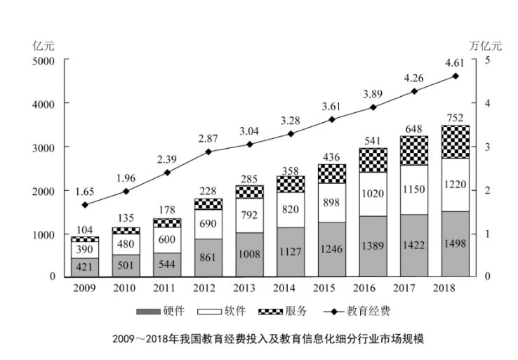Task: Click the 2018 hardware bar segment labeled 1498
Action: click(x=455, y=244)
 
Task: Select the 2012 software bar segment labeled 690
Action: click(x=208, y=225)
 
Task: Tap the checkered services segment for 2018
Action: click(x=455, y=142)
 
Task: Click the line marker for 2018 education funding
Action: click(x=455, y=76)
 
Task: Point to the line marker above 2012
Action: click(x=208, y=152)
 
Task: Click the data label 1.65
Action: click(x=85, y=190)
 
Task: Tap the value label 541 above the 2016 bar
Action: click(x=373, y=140)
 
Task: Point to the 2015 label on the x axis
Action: click(x=331, y=289)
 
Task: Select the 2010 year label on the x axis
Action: click(x=126, y=289)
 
